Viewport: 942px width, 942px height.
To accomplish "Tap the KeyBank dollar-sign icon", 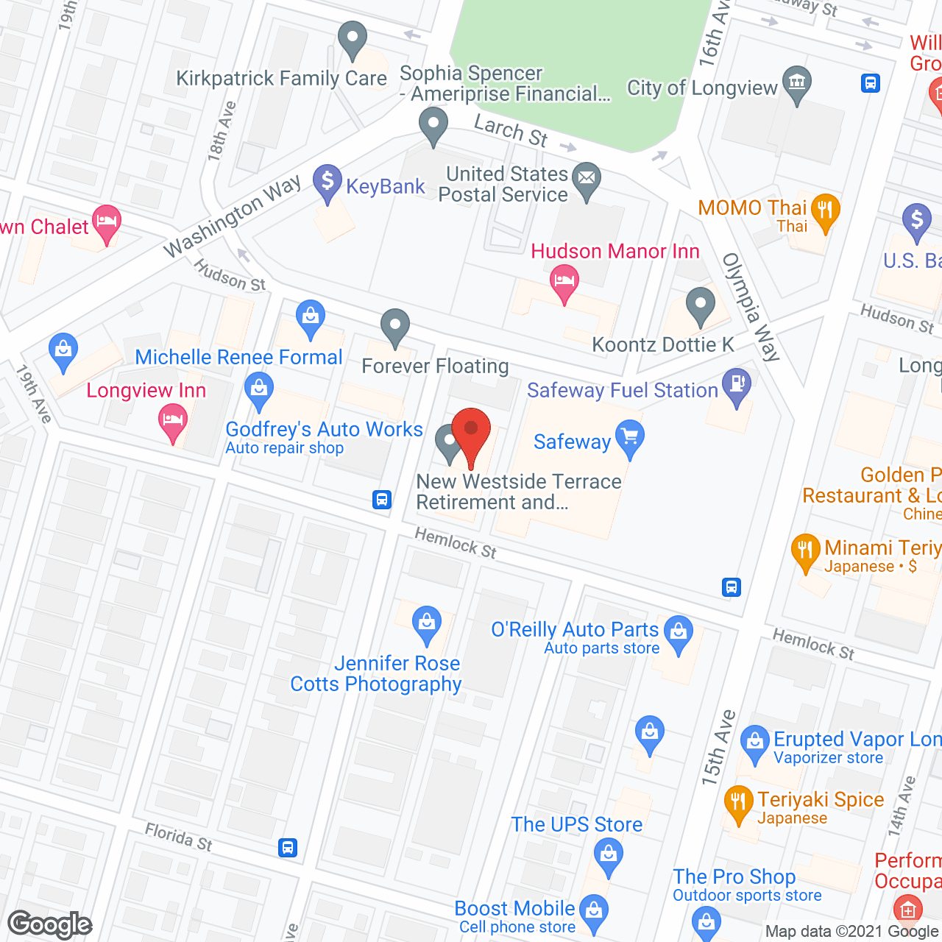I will click(x=327, y=181).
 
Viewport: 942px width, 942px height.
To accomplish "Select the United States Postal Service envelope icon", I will click(x=587, y=180).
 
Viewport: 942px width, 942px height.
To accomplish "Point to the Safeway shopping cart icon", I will click(x=630, y=438).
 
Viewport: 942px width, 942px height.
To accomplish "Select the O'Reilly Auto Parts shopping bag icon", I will click(x=679, y=633).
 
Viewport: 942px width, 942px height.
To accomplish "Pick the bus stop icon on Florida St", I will click(x=288, y=847).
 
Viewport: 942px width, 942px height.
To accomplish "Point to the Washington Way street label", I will click(x=232, y=216).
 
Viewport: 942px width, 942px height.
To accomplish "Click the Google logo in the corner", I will click(x=50, y=924).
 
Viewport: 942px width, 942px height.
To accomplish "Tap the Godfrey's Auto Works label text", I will click(x=324, y=429).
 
